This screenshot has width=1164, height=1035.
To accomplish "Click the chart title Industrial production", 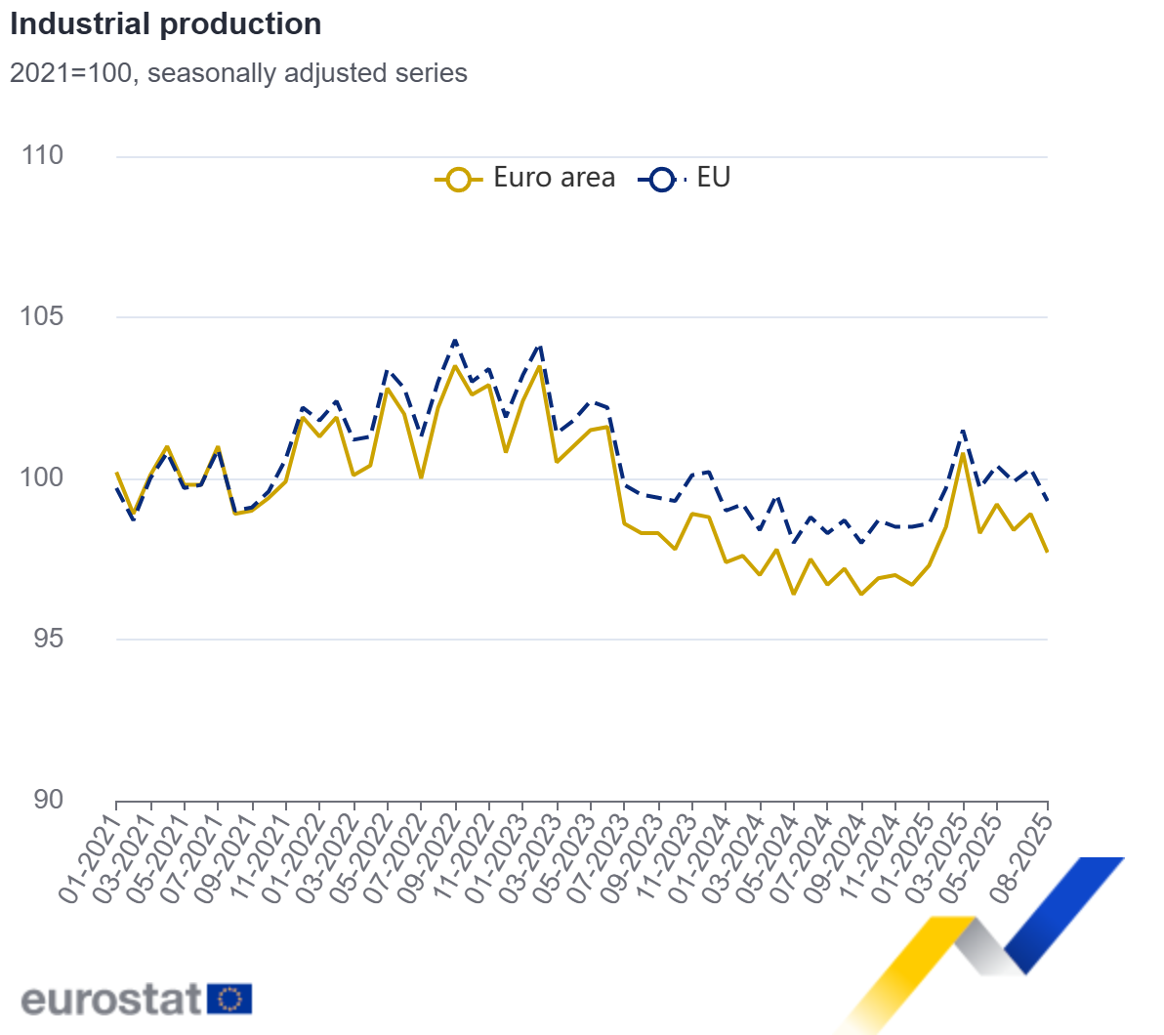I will pos(166,24).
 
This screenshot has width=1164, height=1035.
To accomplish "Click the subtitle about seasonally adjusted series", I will pos(238,73).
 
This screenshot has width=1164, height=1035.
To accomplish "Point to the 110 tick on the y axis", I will pos(42,155).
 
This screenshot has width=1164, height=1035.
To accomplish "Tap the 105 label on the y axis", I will pos(42,316).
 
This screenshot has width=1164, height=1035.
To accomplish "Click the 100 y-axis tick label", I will pos(42,477).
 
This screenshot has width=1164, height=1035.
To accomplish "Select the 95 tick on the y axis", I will pos(42,639).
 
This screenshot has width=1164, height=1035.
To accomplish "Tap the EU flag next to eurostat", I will pos(229,999).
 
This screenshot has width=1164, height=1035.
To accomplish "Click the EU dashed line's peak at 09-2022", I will pos(455,341).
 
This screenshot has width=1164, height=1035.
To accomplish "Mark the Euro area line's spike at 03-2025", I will pos(963,453).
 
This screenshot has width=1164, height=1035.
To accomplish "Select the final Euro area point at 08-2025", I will pos(1047,553).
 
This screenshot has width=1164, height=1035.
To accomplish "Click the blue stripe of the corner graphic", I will pos(1064,913).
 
